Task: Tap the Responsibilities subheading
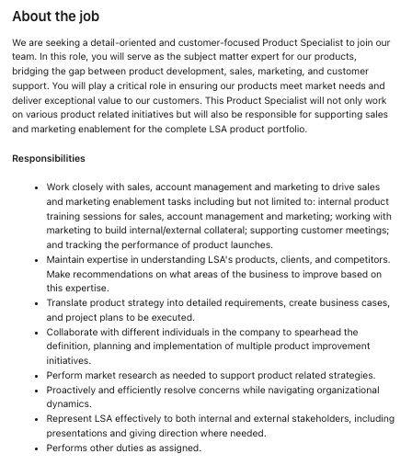[49, 159]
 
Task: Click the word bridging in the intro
[35, 77]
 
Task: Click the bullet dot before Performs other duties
[36, 448]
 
